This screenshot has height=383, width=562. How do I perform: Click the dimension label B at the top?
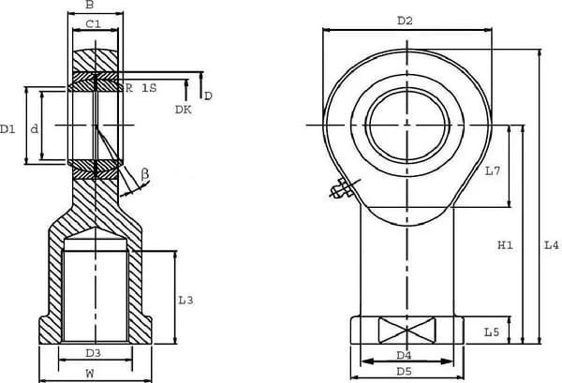89,5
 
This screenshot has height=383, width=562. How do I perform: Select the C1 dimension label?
94,24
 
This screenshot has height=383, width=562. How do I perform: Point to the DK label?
184,110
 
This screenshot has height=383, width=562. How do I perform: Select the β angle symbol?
145,173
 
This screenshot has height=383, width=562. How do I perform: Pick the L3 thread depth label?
185,300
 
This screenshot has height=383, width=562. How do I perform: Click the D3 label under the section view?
93,353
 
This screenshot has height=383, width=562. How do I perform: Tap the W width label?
90,373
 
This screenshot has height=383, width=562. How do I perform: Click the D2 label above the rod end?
405,20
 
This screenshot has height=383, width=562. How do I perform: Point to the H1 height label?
505,245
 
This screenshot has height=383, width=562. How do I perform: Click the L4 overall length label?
552,245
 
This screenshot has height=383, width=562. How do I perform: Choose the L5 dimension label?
493,331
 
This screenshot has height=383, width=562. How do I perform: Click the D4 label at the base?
405,355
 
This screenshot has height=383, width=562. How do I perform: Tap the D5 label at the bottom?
405,372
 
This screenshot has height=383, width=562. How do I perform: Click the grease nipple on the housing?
339,191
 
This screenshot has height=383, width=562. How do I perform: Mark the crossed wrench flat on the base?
407,331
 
